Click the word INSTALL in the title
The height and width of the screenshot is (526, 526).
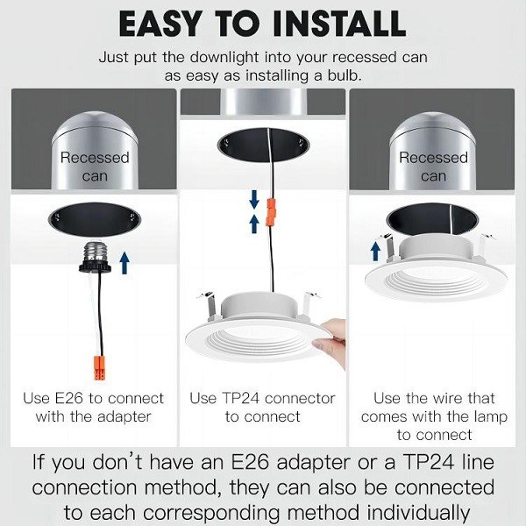tap(339, 24)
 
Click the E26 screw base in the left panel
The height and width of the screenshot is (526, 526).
tap(96, 256)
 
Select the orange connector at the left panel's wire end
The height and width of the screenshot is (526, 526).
tap(100, 368)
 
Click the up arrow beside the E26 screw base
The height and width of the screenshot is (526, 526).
tap(124, 263)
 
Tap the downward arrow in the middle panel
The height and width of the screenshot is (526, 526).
tap(254, 199)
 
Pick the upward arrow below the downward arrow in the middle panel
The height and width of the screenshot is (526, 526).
tap(254, 224)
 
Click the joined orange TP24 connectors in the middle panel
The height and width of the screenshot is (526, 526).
tap(271, 211)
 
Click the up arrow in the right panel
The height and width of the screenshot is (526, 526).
tap(376, 252)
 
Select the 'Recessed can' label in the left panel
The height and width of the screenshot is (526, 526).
tap(95, 167)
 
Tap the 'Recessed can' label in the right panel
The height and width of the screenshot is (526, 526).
tap(433, 167)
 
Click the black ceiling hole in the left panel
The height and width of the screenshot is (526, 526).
tap(95, 220)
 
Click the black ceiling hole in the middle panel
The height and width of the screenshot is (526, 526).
tap(263, 145)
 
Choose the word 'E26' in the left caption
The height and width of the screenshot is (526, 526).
tap(68, 398)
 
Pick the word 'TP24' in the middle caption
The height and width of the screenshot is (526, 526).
tap(240, 398)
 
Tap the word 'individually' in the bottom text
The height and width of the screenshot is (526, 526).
tap(418, 513)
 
